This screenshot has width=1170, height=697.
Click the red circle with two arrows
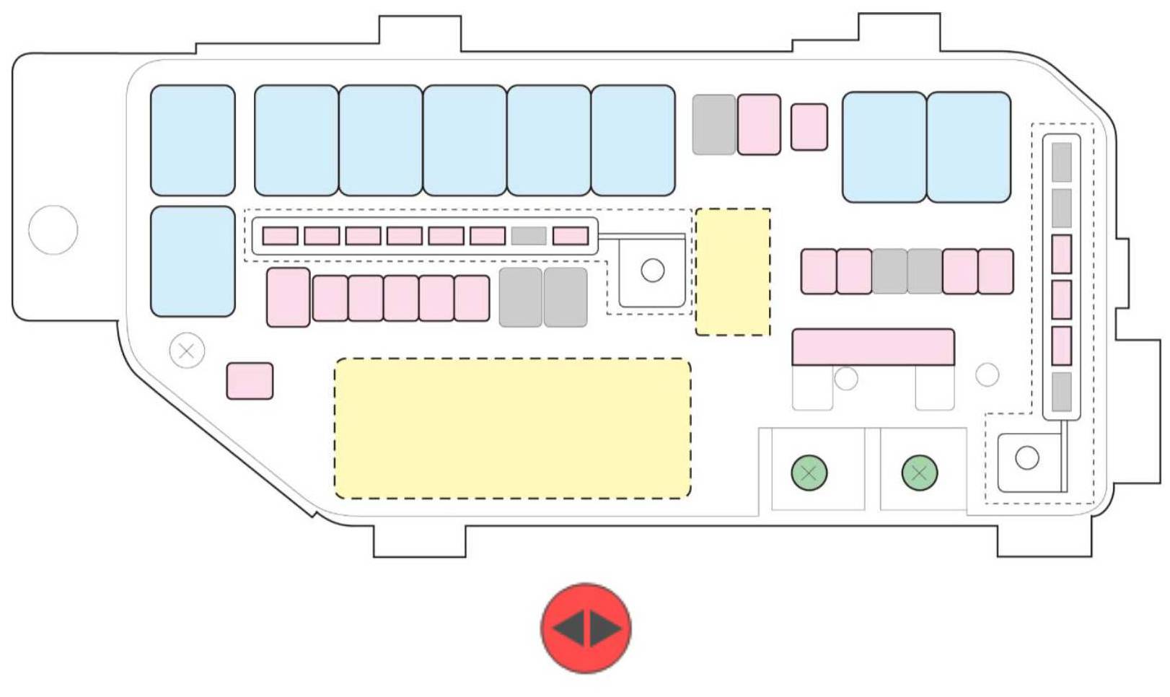point(586,628)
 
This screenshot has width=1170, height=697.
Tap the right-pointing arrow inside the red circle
point(604,628)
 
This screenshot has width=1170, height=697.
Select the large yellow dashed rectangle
point(512,428)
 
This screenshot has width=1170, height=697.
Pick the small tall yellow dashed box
point(733,272)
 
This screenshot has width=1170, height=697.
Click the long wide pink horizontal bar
point(873,347)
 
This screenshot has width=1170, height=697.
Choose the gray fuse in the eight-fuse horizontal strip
point(529,236)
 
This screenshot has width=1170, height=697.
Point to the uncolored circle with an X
point(187,351)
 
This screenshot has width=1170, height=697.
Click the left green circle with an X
point(809,473)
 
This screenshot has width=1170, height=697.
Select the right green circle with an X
point(920,473)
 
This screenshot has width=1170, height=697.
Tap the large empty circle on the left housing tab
point(53,229)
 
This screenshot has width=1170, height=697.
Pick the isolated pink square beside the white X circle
point(250,381)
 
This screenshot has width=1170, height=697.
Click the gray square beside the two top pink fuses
point(713,124)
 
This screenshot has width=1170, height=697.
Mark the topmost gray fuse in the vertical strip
point(1061,162)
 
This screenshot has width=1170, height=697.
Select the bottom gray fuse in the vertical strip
point(1061,392)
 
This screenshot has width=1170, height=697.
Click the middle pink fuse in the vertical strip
point(1061,300)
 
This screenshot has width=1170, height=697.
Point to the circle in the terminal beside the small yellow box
point(652,271)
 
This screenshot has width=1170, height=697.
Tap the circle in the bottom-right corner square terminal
point(1026,457)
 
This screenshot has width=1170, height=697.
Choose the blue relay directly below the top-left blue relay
point(193,261)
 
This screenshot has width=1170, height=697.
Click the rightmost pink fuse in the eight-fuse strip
point(571,236)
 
